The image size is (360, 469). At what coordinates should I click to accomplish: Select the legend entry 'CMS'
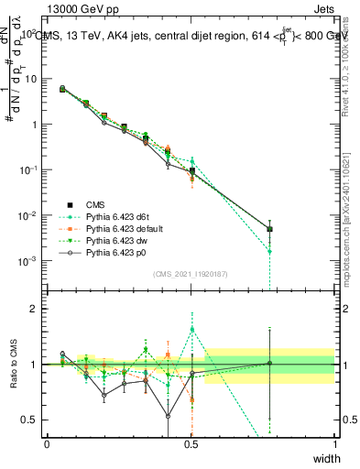(x=94, y=205)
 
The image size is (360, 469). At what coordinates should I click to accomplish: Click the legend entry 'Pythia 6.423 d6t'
(x=115, y=217)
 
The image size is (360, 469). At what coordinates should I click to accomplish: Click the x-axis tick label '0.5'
(x=191, y=443)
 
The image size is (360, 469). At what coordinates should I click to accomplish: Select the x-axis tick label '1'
(x=334, y=443)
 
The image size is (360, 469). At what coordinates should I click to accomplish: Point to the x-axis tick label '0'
(x=47, y=443)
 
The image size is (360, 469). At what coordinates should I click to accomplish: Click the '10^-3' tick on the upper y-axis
(x=28, y=261)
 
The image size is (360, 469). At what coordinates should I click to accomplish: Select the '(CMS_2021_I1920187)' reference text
(x=191, y=273)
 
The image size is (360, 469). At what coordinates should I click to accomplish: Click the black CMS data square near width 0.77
(x=269, y=229)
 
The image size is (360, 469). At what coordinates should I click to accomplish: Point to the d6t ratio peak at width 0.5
(x=191, y=330)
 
